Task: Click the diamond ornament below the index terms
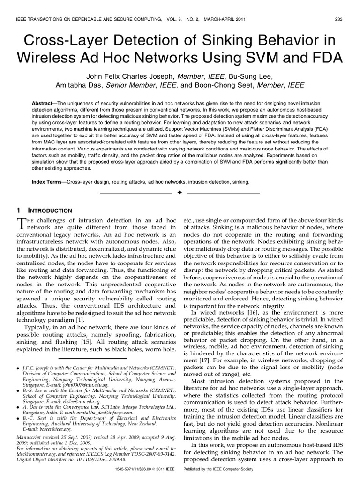pyautogui.click(x=180, y=193)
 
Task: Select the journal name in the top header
pyautogui.click(x=84, y=19)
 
